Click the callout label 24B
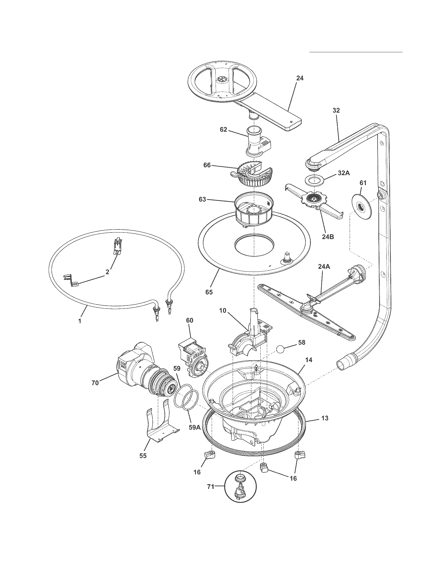pos(328,237)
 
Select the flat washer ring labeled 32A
pos(314,180)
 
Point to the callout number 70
pos(95,383)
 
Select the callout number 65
pos(209,292)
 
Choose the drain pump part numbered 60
pos(192,357)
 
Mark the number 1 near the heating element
pos(80,321)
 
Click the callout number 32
pos(336,110)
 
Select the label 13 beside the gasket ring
pos(325,418)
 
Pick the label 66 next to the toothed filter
pos(207,165)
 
